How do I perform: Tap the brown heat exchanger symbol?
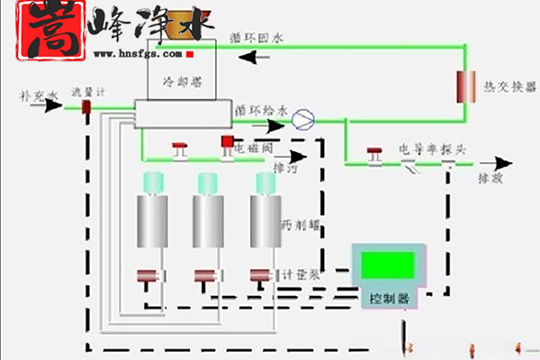point(466,87)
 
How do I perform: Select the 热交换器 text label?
point(510,87)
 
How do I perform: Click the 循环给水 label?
point(262,110)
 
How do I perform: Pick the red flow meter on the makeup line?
point(87,106)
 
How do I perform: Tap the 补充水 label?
point(40,94)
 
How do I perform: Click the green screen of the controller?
point(387,265)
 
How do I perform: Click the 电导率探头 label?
point(433,148)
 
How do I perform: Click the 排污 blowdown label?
point(284,167)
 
